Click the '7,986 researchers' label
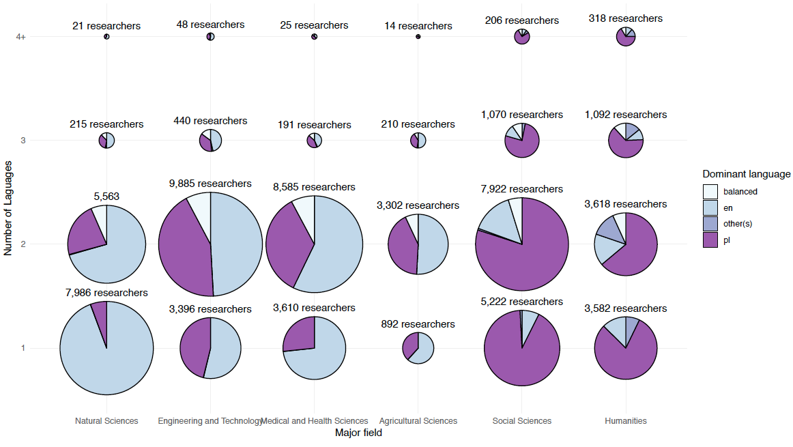click(106, 293)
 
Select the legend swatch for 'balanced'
click(710, 192)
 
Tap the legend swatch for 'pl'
click(710, 240)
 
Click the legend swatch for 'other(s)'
click(710, 224)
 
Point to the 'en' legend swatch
click(710, 207)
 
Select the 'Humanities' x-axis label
click(626, 421)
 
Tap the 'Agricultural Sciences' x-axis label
click(418, 421)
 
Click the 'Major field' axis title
click(358, 433)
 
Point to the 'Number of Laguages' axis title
click(8, 208)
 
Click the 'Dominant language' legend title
click(747, 174)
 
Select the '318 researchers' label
click(626, 18)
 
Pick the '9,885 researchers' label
click(210, 184)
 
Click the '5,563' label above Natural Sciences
click(106, 197)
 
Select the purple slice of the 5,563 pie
click(87, 232)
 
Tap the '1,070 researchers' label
click(521, 115)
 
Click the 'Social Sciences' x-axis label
click(521, 421)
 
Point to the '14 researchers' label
click(418, 26)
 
